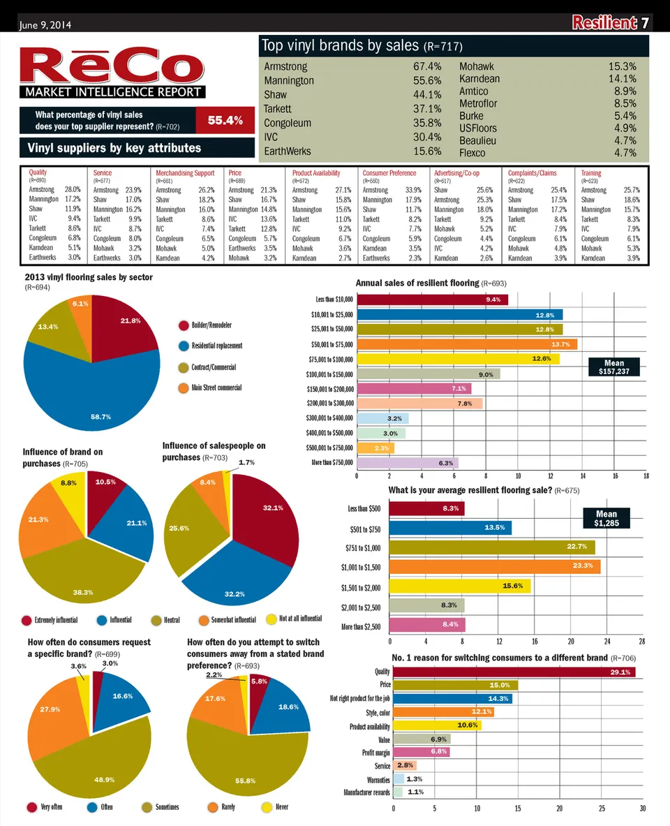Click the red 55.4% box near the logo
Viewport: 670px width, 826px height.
225,120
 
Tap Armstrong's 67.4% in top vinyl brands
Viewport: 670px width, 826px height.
426,66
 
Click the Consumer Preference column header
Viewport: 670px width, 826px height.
389,173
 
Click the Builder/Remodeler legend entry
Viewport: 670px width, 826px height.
211,325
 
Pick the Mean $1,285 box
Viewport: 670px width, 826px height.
606,518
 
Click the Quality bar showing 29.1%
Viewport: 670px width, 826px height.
514,672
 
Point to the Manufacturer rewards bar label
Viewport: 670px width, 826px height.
366,792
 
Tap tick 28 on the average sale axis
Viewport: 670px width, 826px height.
641,642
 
